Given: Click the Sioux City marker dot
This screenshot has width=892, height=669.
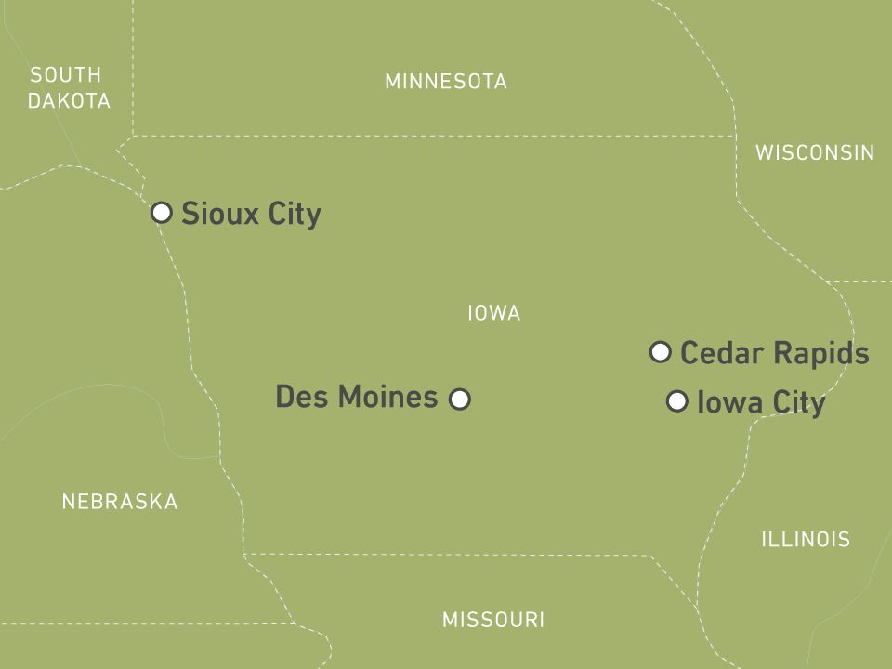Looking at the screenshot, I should click(x=162, y=213).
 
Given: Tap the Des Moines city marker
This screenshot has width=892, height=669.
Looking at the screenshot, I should click(x=460, y=400).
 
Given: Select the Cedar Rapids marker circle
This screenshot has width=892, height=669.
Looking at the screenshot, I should click(x=661, y=352).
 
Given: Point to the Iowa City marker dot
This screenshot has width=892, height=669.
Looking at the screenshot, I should click(x=677, y=401).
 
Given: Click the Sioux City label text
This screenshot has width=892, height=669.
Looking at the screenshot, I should click(x=251, y=214).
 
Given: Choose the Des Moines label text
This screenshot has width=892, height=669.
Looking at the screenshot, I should click(x=357, y=398).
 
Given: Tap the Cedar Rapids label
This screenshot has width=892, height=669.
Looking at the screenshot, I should click(x=774, y=354).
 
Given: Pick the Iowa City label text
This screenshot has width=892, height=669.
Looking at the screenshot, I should click(x=760, y=403).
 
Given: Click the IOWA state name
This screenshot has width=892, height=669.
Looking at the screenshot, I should click(x=493, y=314).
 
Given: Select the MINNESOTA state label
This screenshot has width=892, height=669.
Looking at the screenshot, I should click(x=446, y=82).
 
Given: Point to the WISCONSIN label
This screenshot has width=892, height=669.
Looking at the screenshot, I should click(x=815, y=152).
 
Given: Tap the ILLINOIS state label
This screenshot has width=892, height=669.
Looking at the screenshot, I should click(x=806, y=539).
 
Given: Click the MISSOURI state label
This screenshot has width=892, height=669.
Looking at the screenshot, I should click(x=493, y=620).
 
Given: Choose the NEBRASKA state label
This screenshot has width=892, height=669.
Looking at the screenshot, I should click(x=120, y=503).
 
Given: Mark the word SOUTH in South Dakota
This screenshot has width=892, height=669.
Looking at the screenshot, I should click(x=65, y=74).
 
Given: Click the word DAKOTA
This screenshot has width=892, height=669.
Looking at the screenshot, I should click(x=69, y=101).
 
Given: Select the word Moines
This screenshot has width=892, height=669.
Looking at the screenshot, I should click(x=387, y=398).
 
